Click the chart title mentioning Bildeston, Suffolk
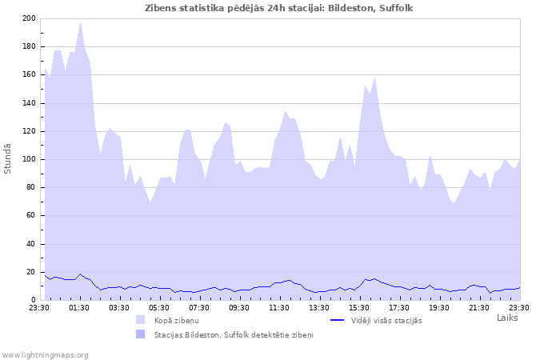click(279, 8)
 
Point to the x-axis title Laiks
click(507, 318)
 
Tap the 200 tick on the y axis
click(29, 18)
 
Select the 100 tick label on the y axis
click(29, 159)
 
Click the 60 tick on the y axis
click(31, 215)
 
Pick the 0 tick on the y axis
click(34, 300)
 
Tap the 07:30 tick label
click(199, 308)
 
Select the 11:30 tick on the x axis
click(279, 308)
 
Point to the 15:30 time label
click(359, 308)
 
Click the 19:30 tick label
click(439, 308)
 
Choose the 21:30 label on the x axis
click(479, 308)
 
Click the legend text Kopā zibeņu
click(177, 320)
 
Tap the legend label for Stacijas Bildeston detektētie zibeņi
click(234, 334)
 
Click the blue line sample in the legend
click(337, 320)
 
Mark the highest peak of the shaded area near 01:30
click(80, 22)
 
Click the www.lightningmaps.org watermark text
click(45, 354)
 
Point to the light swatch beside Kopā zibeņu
click(141, 320)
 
